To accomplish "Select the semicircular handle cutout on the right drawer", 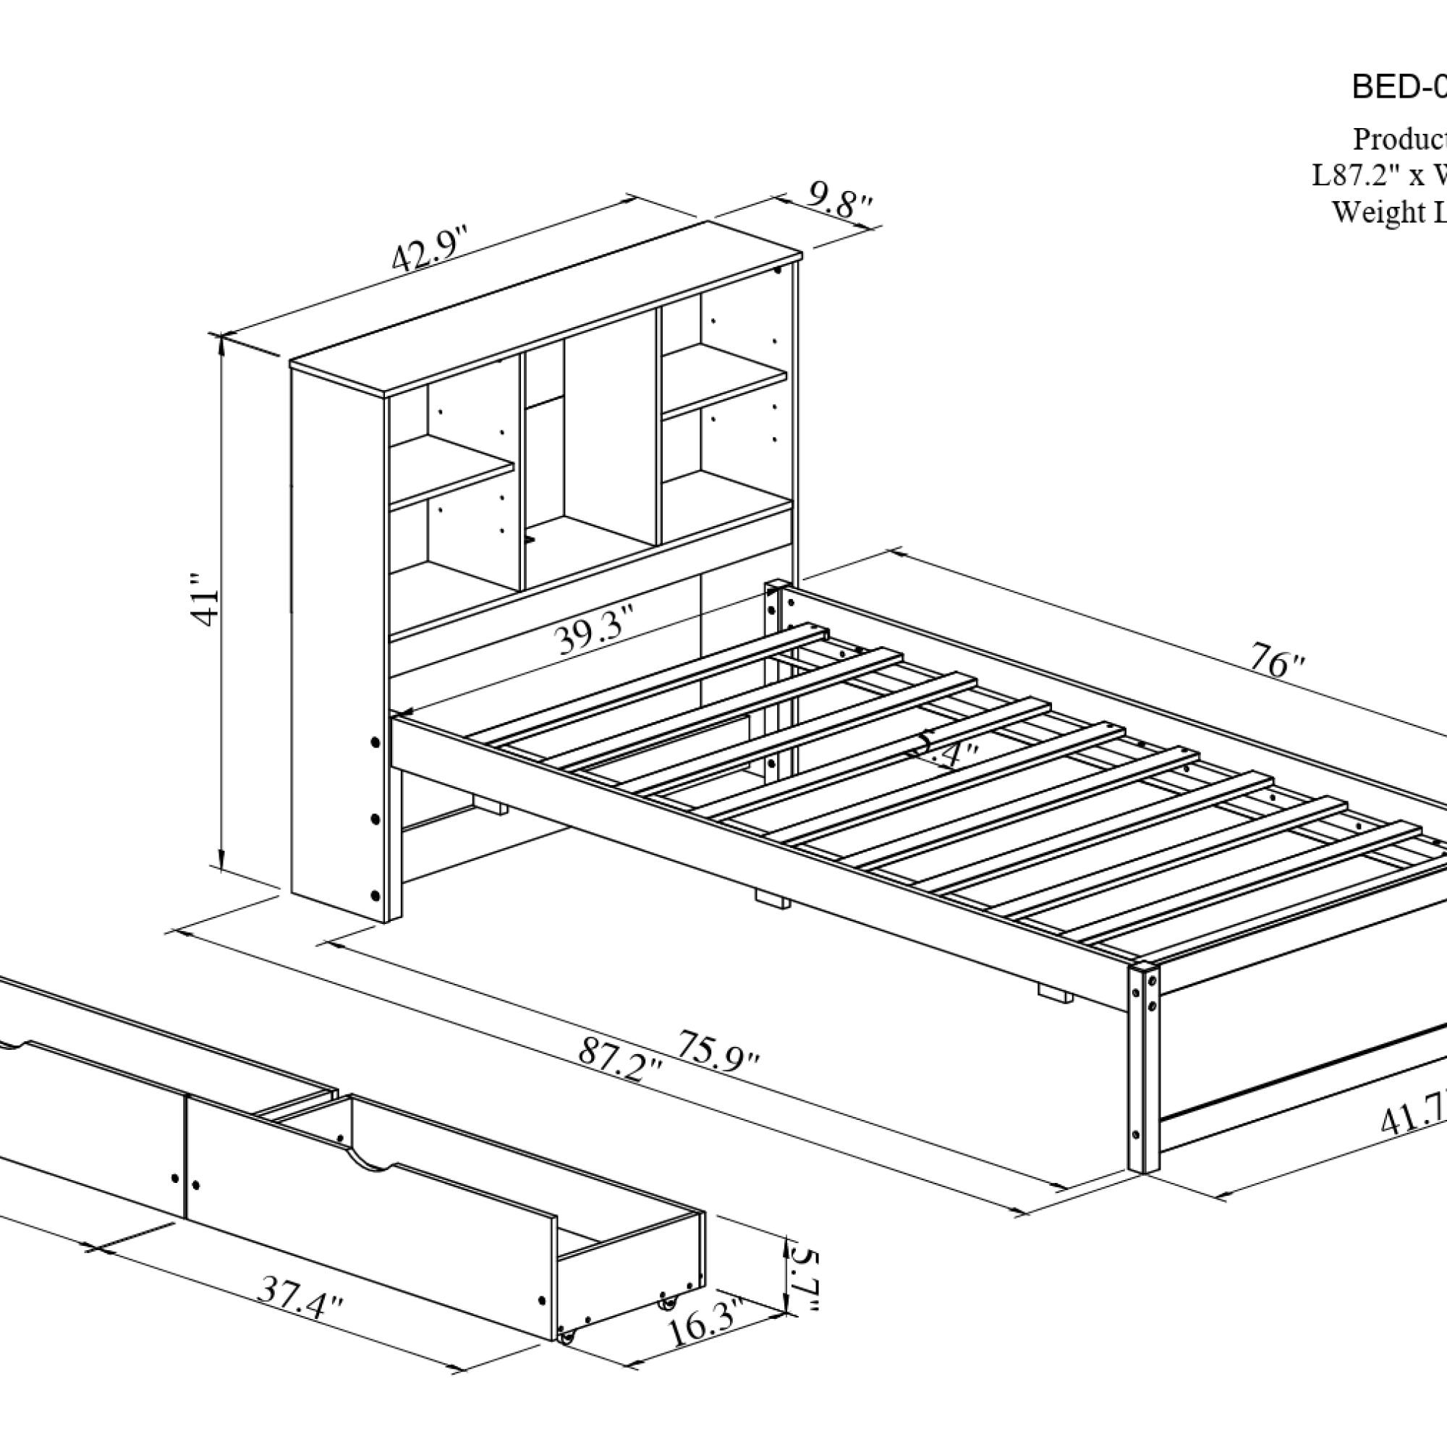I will click(x=370, y=1164).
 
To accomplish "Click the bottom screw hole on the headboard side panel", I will click(x=375, y=895).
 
